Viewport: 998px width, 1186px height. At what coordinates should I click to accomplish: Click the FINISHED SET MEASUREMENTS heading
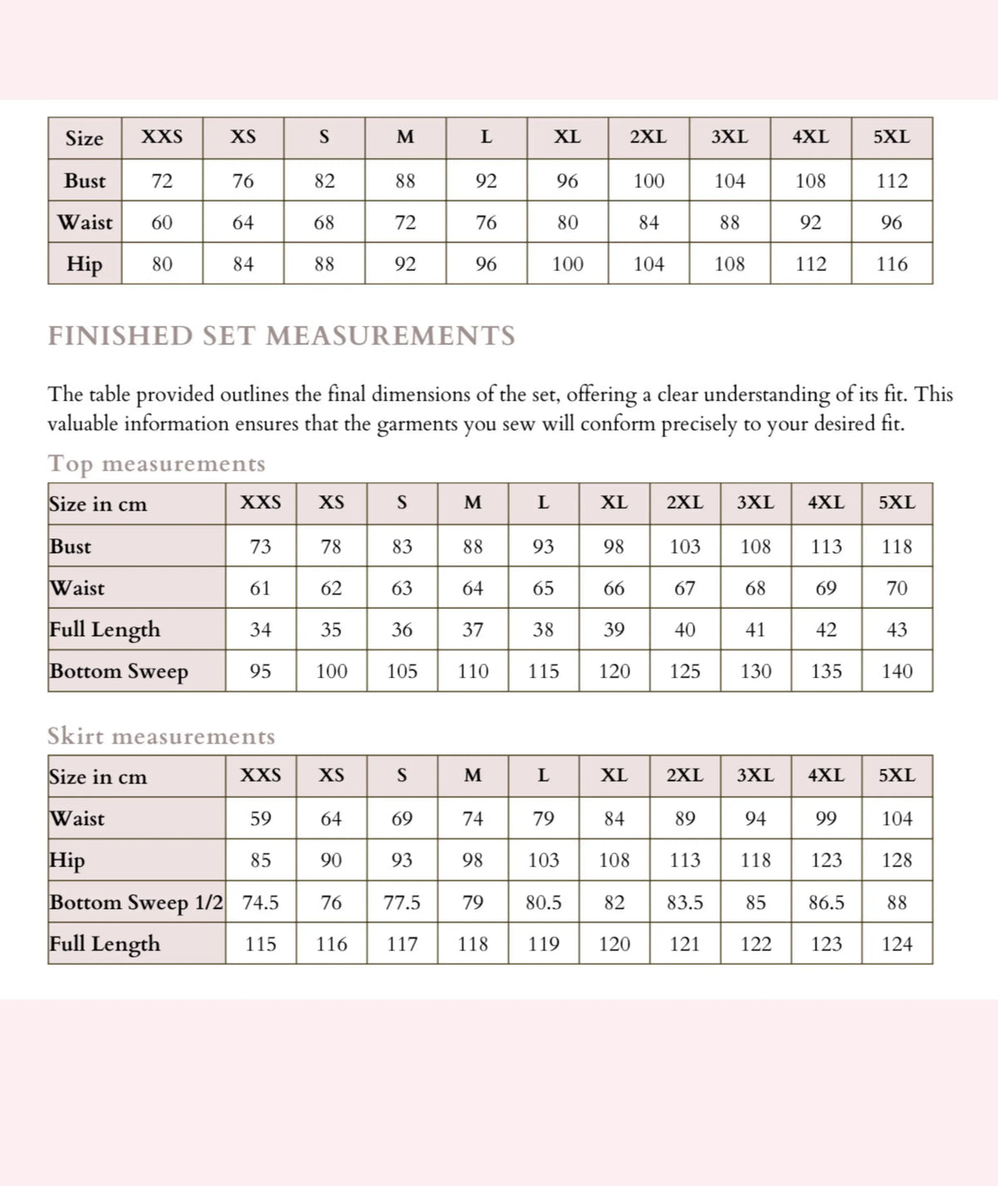pos(281,336)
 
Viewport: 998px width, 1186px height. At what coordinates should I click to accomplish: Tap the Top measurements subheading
pos(156,463)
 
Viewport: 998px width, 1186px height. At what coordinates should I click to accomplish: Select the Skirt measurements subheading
pos(161,736)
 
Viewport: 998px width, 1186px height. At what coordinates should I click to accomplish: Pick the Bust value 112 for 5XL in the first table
pos(892,180)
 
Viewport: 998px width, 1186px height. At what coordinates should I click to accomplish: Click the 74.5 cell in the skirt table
pos(260,902)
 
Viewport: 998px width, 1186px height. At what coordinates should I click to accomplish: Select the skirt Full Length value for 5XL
pos(897,944)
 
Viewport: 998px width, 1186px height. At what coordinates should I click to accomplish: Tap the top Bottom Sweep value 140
pos(897,671)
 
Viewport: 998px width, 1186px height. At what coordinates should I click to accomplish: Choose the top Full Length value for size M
pos(472,630)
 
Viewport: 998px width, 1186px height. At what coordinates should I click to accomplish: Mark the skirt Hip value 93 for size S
pos(402,860)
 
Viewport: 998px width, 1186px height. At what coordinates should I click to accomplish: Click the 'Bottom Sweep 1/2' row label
pos(136,902)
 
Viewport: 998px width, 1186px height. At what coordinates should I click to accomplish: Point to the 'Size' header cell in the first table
pos(84,138)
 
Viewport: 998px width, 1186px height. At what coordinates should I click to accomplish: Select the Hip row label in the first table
pos(84,264)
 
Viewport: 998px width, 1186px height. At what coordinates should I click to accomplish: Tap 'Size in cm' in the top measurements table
pos(97,504)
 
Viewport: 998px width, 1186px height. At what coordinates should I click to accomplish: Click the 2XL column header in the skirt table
pos(684,775)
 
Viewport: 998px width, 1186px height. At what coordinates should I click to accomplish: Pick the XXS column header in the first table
pos(161,137)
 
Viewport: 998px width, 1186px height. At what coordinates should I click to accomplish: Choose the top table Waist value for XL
pos(614,588)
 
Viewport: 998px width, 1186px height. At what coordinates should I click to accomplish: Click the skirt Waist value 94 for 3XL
pos(755,818)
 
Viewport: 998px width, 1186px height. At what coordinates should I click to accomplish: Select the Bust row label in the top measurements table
pos(71,546)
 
